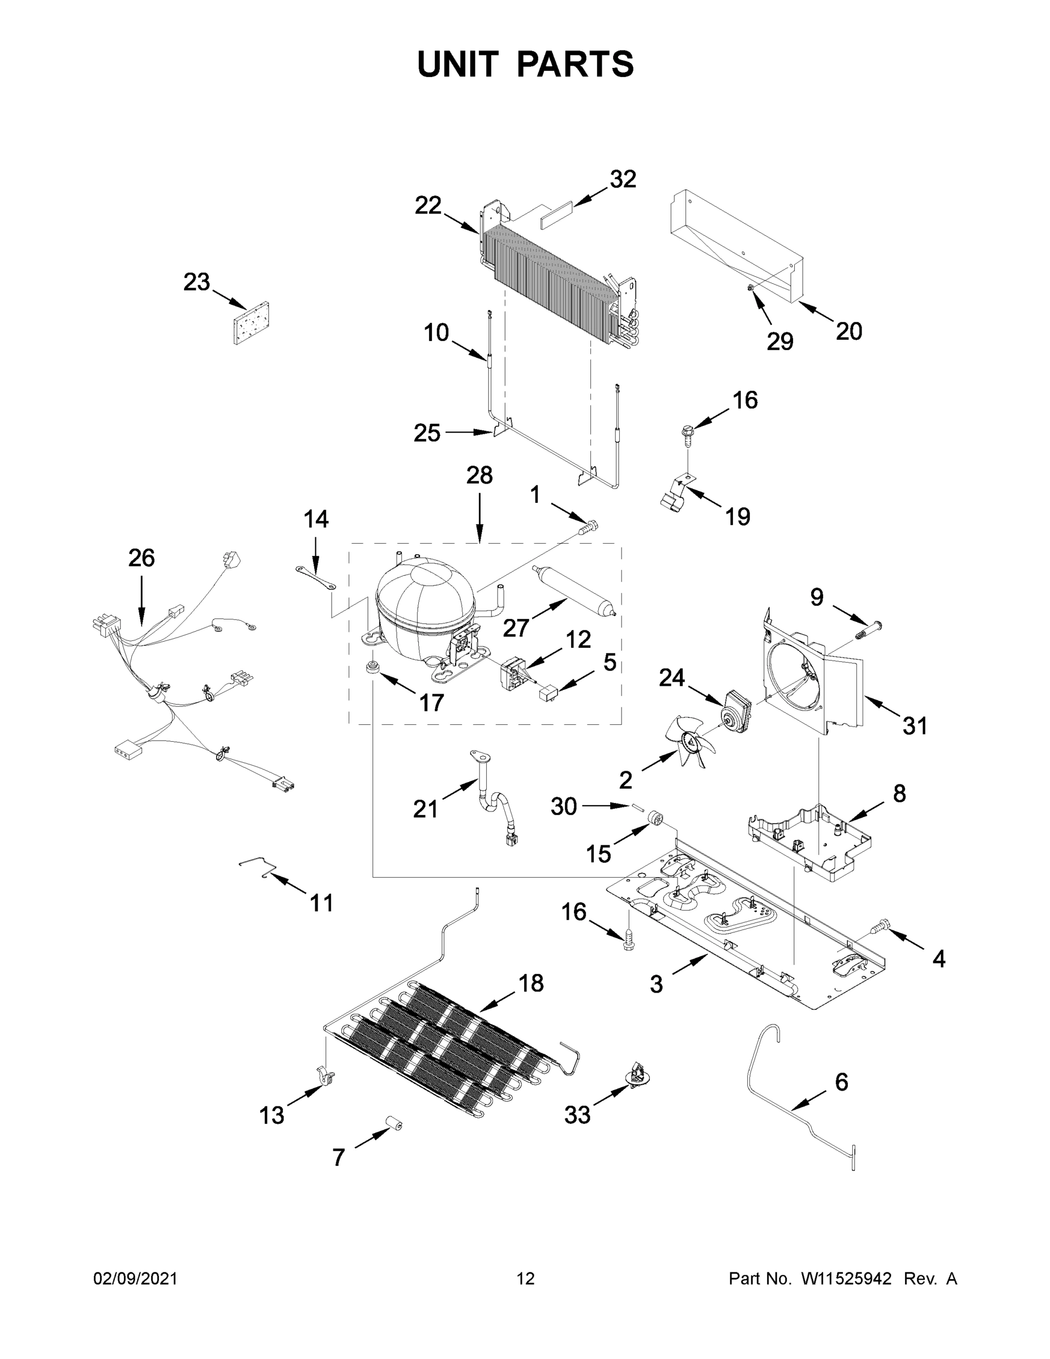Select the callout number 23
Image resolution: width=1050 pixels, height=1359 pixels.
pyautogui.click(x=196, y=283)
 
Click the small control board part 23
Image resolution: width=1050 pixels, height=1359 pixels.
pyautogui.click(x=252, y=323)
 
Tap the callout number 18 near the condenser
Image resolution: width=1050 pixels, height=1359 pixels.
pyautogui.click(x=530, y=983)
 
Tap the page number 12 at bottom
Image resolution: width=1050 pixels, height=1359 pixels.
pyautogui.click(x=526, y=1279)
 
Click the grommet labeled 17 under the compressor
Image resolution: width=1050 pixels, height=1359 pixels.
pyautogui.click(x=374, y=668)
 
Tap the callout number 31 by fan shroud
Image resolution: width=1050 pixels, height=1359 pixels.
pyautogui.click(x=914, y=725)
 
